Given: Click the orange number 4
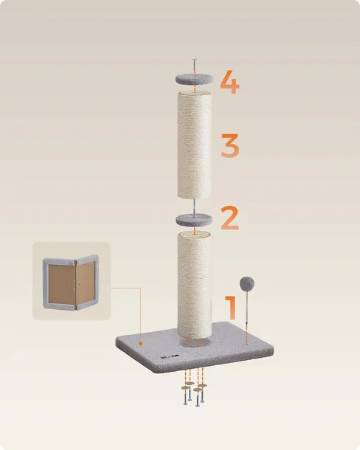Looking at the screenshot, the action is pos(230,82).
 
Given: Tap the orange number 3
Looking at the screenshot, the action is pos(230,145).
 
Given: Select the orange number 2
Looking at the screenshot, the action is pos(229,218).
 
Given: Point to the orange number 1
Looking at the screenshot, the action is pos(231,308).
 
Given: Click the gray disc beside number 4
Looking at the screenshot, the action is pos(195,79).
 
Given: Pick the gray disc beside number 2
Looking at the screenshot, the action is pos(194,220).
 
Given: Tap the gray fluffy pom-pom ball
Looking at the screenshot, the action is pos(247,283).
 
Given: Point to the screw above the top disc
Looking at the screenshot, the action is pos(194,67).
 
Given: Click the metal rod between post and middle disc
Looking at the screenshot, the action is pos(194,207).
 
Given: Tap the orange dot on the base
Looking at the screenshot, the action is pos(140,343).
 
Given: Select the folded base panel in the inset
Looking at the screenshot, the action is pos(71,282).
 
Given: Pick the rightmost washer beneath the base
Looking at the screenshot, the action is pos(202,386).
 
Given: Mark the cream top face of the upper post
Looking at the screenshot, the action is pos(195,94).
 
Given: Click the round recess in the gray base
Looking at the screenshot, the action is pos(195,342).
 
